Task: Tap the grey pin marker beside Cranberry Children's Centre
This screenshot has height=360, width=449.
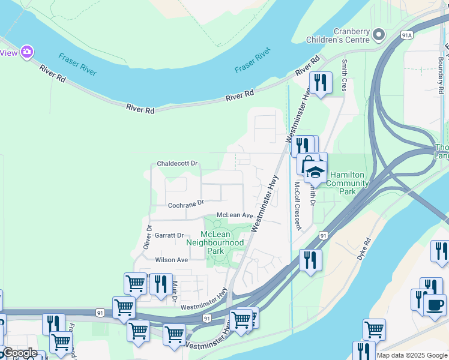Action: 378,35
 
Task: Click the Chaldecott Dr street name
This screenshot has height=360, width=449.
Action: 177,164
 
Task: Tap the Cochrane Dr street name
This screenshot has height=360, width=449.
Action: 186,205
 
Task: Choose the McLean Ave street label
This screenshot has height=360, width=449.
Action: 235,215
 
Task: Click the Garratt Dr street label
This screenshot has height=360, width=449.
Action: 169,236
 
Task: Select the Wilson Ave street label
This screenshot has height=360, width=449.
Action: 172,260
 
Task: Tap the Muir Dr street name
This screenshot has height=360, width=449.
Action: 175,290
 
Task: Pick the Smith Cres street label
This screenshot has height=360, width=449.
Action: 345,70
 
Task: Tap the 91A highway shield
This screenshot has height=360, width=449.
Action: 407,35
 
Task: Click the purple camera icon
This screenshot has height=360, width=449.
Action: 26,52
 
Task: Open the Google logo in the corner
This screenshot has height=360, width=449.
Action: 19,353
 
